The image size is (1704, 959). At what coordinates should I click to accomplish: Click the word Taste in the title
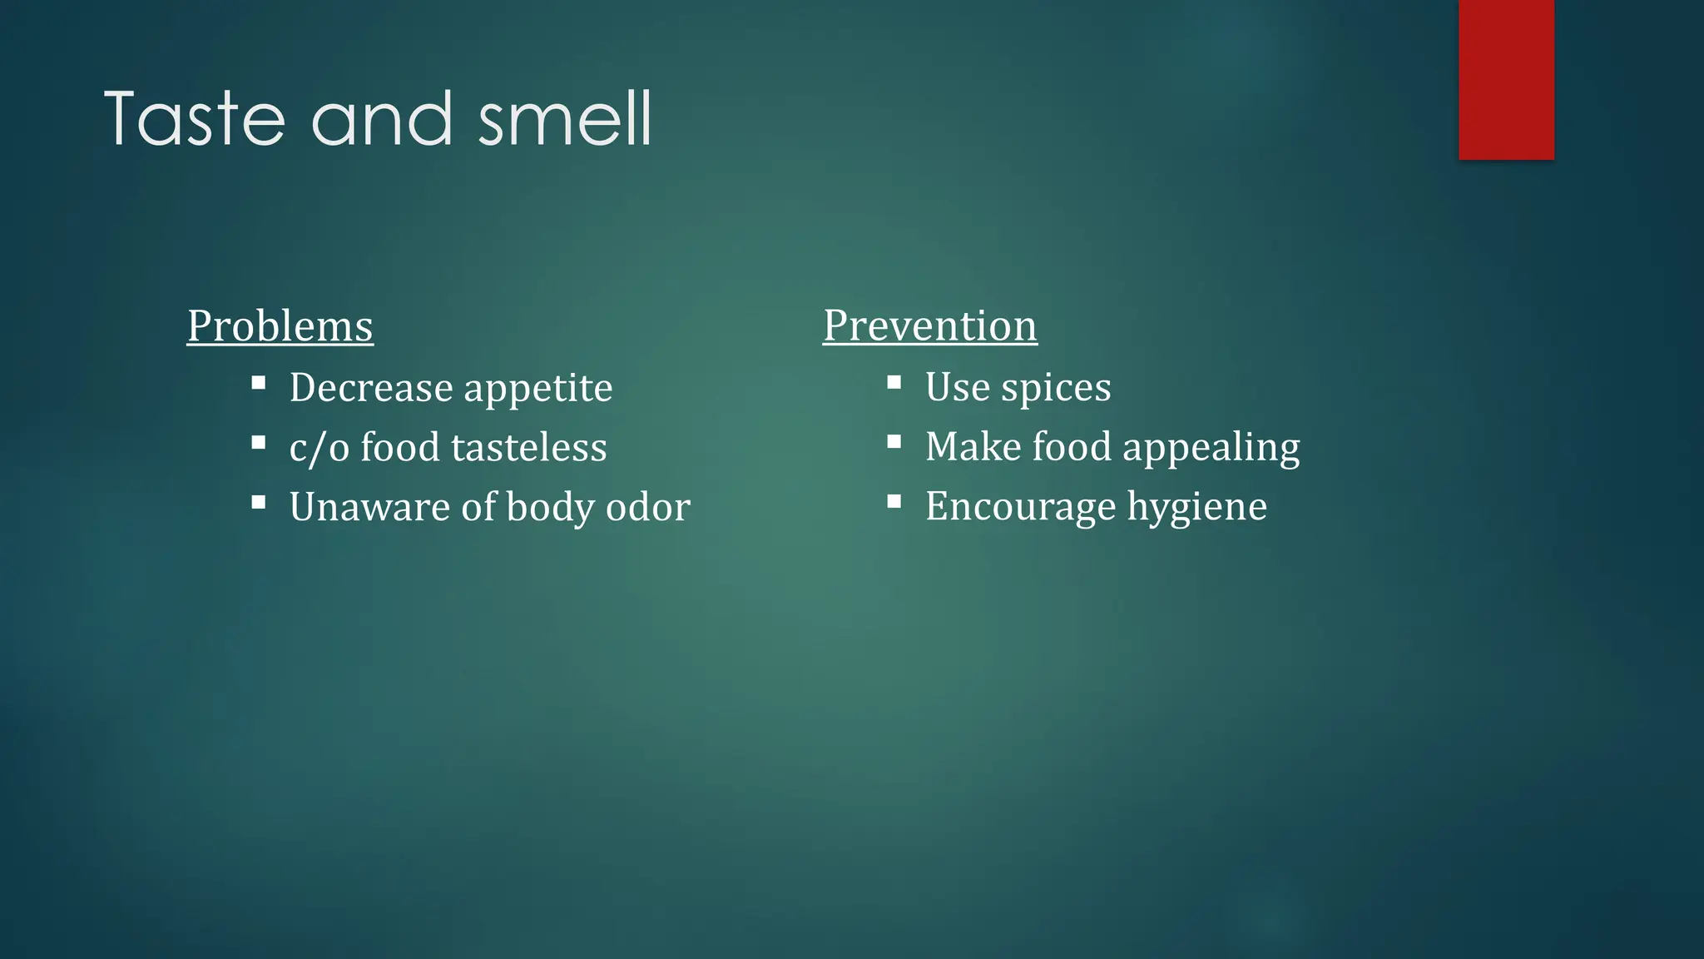click(195, 119)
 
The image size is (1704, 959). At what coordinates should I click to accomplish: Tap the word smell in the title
click(565, 119)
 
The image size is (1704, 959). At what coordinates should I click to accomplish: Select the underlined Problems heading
click(280, 325)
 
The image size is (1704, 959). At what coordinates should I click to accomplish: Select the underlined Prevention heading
click(930, 325)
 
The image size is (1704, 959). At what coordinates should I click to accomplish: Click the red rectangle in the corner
click(1506, 79)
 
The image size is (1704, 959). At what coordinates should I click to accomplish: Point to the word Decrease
click(371, 388)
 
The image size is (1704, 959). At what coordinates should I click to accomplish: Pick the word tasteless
click(529, 448)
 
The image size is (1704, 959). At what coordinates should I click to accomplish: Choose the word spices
click(1056, 388)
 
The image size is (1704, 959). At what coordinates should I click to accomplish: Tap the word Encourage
click(1021, 507)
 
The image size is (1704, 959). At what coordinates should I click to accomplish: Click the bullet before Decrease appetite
click(259, 384)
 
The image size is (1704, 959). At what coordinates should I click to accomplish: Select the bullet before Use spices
click(894, 383)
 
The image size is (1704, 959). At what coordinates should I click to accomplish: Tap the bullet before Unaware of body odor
click(259, 503)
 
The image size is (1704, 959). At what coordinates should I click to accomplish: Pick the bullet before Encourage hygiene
click(894, 502)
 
